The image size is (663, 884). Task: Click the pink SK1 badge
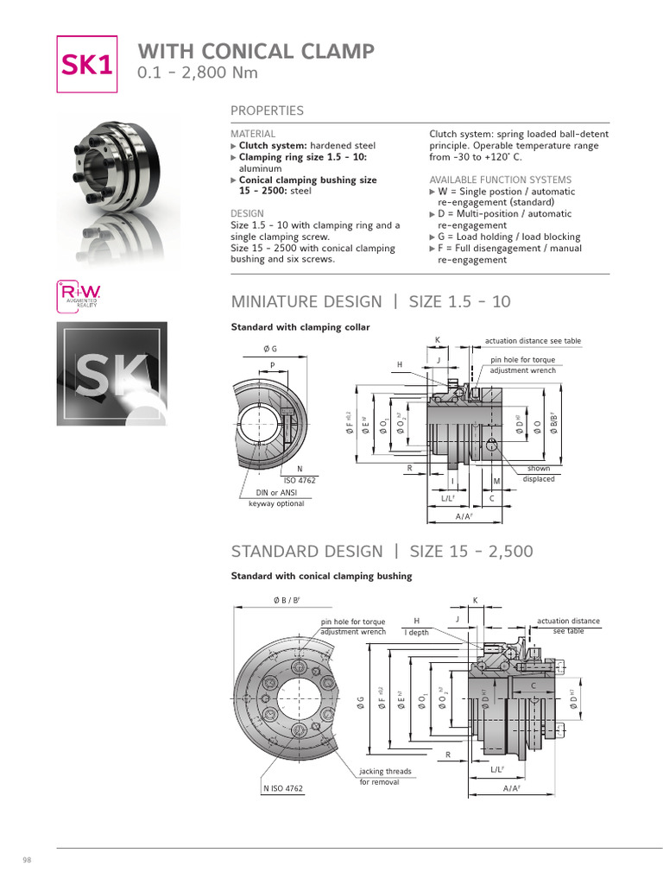tap(86, 64)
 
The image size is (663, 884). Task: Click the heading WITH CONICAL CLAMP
tap(256, 51)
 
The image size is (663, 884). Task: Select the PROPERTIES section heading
tap(267, 110)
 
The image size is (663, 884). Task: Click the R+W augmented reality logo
tap(79, 296)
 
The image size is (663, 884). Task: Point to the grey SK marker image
tap(112, 374)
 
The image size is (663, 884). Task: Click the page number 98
tap(26, 861)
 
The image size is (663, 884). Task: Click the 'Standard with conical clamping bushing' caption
tap(321, 576)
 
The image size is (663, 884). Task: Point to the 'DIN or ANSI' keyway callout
tap(276, 493)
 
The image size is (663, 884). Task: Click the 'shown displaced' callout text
tap(539, 474)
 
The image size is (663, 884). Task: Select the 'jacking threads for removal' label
tap(385, 776)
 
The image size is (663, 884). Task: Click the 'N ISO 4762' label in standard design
tap(282, 789)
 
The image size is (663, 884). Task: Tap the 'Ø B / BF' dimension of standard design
tap(286, 600)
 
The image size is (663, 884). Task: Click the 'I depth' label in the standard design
tap(418, 632)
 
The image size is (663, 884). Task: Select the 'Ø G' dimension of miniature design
tap(270, 349)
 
